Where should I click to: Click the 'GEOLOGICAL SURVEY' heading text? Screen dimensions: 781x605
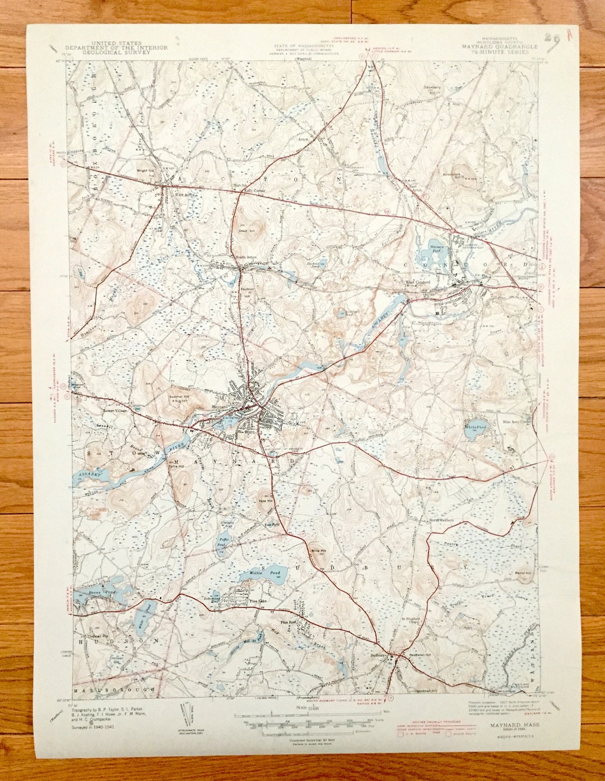[117, 53]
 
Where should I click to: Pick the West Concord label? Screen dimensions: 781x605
[418, 283]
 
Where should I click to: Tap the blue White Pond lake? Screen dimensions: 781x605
[476, 431]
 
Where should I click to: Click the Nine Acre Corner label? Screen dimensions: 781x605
[516, 422]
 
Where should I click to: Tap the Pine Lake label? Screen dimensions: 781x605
[257, 601]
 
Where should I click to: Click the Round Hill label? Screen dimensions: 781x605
[523, 573]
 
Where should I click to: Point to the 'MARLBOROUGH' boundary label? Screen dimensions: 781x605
[112, 690]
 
